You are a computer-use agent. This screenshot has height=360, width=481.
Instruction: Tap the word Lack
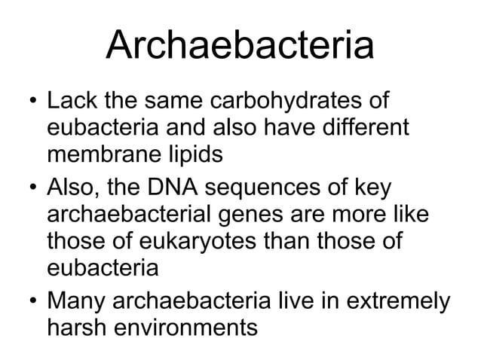point(69,100)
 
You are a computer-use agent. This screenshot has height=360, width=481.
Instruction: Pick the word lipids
point(195,155)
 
